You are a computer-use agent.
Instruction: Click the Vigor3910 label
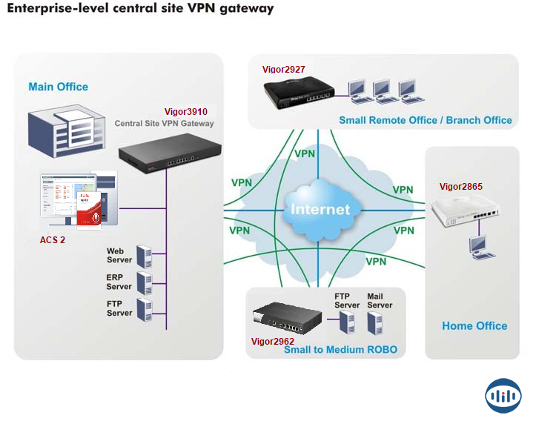185,111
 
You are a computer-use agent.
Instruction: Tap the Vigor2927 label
284,70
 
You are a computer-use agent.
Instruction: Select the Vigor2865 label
461,187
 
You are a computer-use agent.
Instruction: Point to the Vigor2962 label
272,342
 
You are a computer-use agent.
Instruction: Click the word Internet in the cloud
320,209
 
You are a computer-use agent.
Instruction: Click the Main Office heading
58,87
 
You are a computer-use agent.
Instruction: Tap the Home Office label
474,325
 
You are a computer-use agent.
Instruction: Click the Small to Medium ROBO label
340,350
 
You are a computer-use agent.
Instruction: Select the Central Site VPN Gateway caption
164,124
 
